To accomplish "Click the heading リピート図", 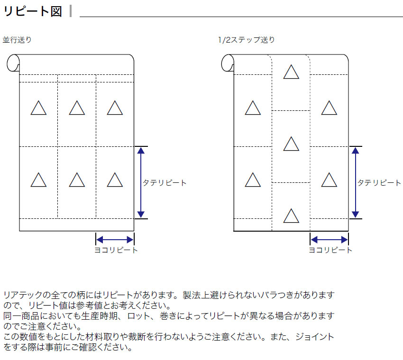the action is (x=33, y=11).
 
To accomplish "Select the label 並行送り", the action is (x=17, y=40).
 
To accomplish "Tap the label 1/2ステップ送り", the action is (x=247, y=40).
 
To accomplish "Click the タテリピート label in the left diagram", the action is (x=165, y=183).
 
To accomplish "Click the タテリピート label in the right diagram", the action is (x=379, y=183).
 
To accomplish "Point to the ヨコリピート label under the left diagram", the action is (x=116, y=250).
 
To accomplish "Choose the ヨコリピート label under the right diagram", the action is (x=330, y=250).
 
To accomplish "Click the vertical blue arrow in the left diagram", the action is (x=141, y=182).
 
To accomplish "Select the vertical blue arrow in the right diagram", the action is (x=355, y=182).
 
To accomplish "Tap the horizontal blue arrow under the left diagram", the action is (x=115, y=240).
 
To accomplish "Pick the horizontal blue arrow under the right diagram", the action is (x=329, y=240).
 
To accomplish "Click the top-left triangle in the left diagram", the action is (x=38, y=108).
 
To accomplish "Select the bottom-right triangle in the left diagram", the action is (x=115, y=180).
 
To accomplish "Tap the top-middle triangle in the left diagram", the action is (x=77, y=108).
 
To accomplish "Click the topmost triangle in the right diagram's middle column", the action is (x=291, y=72).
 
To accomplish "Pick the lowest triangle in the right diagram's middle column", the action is (x=291, y=216).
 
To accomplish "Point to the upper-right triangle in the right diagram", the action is (x=329, y=108).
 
